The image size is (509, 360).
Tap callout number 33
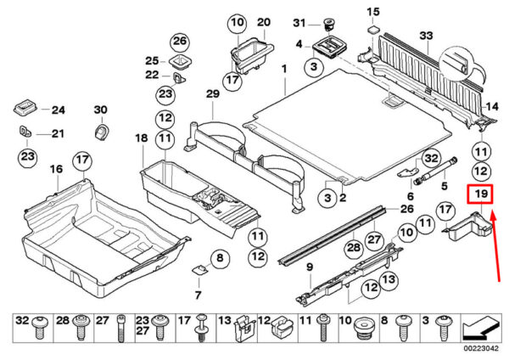coord(426,35)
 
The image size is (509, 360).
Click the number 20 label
coord(262,21)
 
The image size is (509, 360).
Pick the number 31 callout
coord(299,22)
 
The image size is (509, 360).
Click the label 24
coord(58,110)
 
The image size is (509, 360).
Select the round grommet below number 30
coord(101,132)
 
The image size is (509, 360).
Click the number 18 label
coord(141,138)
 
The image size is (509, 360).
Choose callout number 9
coord(310,268)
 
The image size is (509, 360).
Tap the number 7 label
coord(197,295)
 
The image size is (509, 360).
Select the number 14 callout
coord(491,107)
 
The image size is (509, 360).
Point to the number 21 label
coord(57,133)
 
